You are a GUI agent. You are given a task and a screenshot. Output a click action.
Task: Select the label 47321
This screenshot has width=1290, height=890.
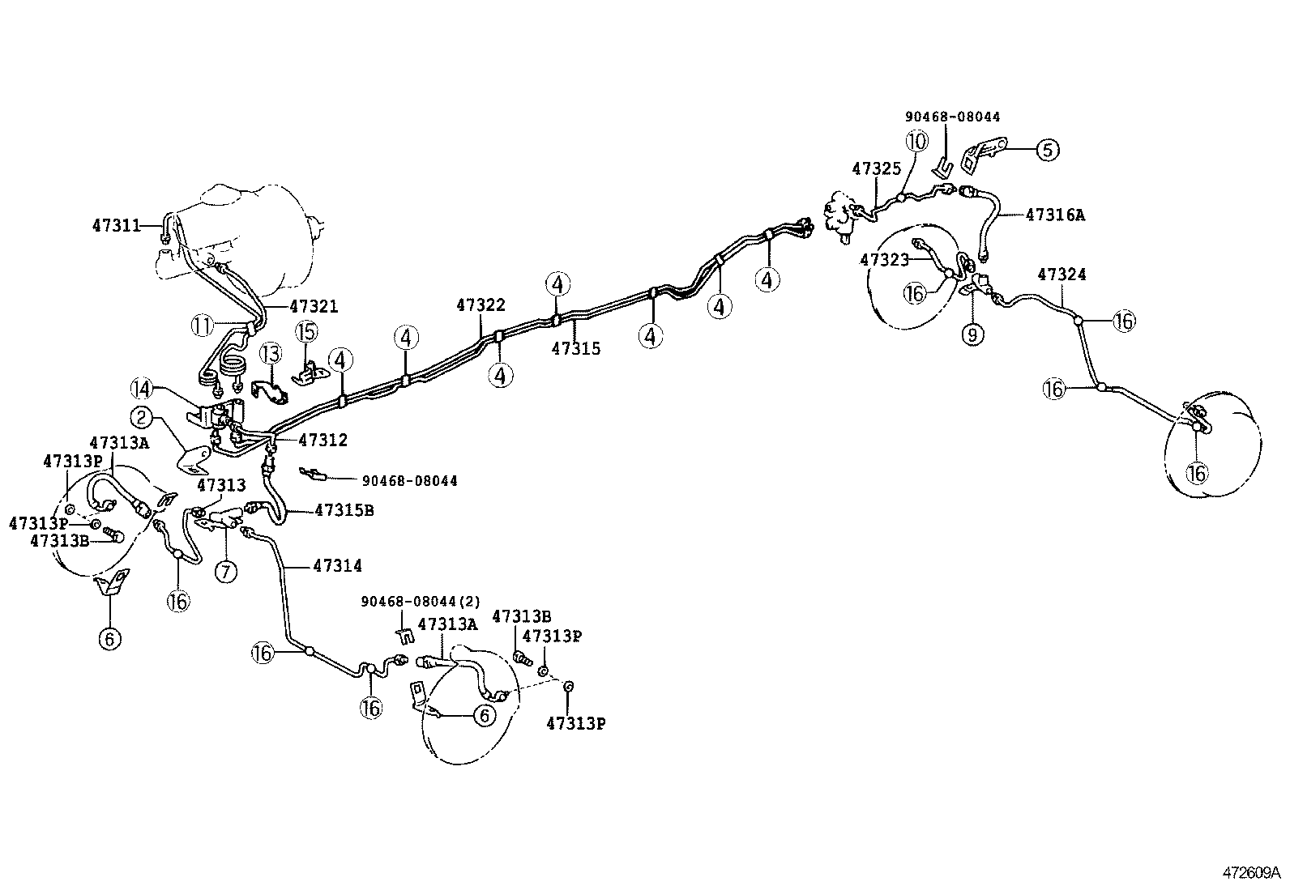point(314,306)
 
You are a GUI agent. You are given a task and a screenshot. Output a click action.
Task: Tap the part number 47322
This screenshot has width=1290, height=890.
point(481,305)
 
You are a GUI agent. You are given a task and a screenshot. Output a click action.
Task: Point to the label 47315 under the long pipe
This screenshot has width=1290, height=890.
point(576,348)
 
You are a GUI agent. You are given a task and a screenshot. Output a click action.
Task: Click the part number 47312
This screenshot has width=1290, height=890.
point(322,441)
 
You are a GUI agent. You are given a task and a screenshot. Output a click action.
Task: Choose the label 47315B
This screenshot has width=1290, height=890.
point(344,510)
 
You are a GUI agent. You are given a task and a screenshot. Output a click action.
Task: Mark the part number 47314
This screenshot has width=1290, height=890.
point(338,566)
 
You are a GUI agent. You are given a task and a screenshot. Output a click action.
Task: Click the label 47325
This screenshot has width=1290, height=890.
point(877,168)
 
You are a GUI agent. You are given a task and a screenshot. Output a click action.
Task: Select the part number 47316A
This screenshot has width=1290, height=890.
point(1055,215)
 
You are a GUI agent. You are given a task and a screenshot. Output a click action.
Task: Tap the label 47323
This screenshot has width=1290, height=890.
point(885,260)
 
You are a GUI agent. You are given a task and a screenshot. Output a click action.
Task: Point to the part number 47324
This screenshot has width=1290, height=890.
point(1061,275)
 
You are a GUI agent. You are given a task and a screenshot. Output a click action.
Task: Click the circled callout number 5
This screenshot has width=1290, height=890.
point(1048,150)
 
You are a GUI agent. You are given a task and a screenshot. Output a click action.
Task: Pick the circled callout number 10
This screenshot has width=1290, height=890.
point(916,142)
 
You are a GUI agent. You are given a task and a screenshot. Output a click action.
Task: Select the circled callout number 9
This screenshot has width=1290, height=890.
point(972,333)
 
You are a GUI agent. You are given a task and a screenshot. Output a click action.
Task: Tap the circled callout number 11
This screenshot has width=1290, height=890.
point(202,326)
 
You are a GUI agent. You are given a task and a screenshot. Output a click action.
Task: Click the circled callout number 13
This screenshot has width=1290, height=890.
point(270,354)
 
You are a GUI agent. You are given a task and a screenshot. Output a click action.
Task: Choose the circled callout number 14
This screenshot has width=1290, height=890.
point(143,390)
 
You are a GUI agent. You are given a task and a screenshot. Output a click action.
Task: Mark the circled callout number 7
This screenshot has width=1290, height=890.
point(226,571)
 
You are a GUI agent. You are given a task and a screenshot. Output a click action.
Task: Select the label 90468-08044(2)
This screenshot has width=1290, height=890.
point(421,602)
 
